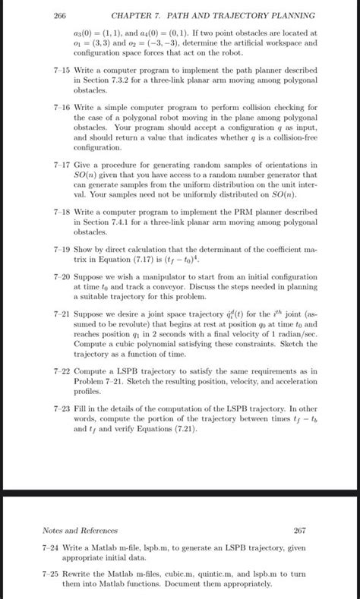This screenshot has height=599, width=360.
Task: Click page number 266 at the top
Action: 60,16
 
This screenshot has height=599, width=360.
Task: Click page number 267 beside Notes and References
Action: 298,531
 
